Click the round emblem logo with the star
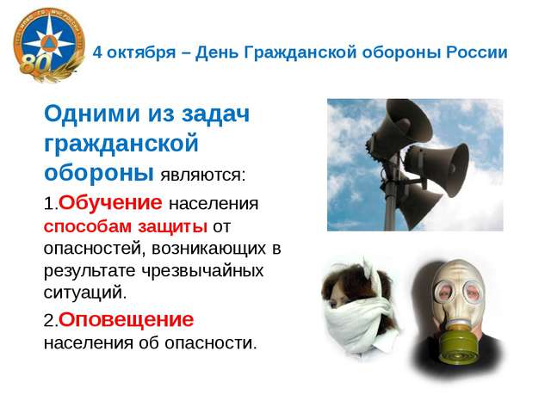click(x=49, y=44)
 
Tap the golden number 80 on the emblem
click(x=36, y=64)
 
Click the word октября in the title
click(x=141, y=52)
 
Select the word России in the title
click(x=477, y=52)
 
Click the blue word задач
click(x=216, y=114)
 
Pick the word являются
click(x=203, y=175)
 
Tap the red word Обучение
click(x=110, y=203)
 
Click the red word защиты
click(x=172, y=227)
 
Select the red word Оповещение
click(x=127, y=319)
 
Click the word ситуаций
click(x=85, y=293)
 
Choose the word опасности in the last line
click(x=211, y=342)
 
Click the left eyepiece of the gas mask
click(x=445, y=291)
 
